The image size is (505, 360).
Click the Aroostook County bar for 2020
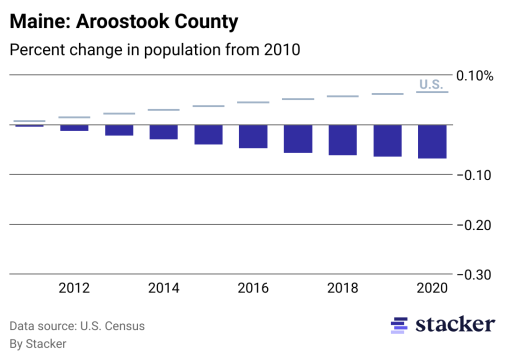point(432,141)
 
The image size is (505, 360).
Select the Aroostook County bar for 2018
point(342,140)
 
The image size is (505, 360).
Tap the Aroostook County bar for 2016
point(253,136)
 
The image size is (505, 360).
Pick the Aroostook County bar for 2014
point(163,132)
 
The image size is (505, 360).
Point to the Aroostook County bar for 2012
point(74,128)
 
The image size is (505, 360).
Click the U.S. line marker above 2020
point(432,92)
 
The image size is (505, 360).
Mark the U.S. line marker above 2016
point(253,102)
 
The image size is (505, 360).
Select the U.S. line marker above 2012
point(74,117)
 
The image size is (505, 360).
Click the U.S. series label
point(431,84)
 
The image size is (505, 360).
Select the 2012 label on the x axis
point(74,288)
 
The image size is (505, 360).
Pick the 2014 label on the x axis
point(163,288)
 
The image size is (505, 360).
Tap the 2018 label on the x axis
point(342,288)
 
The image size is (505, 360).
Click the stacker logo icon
point(399,325)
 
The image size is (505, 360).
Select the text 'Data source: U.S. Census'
point(77,326)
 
